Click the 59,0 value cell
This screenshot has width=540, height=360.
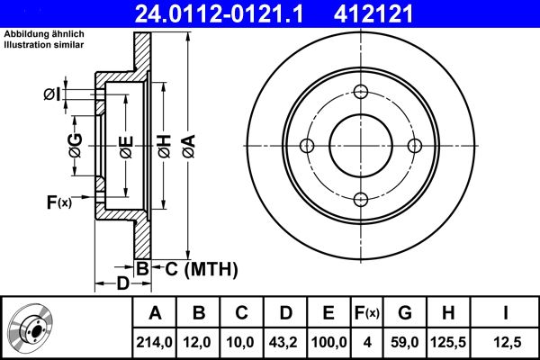pos(405,341)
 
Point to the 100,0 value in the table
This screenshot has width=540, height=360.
pos(328,341)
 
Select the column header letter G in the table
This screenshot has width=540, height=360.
pos(405,313)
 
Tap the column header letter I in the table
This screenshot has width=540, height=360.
pos(505,313)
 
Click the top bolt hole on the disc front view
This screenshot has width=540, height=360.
pos(361,92)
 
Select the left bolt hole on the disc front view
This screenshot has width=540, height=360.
pos(306,146)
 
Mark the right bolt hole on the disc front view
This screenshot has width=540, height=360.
pos(415,146)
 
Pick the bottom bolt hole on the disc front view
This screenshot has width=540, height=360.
pos(361,200)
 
